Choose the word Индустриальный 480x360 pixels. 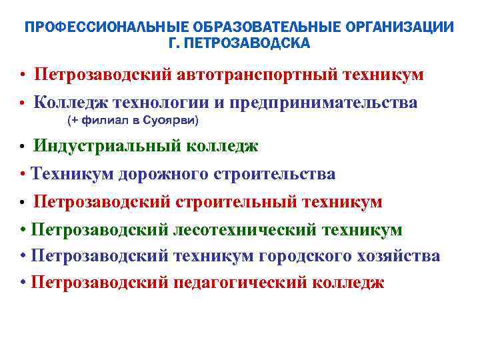(x=97, y=146)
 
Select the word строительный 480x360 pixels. (x=238, y=201)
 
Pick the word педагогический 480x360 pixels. (x=241, y=282)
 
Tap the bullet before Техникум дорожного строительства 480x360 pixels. (x=23, y=175)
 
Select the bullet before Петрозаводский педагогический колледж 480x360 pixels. (x=23, y=282)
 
